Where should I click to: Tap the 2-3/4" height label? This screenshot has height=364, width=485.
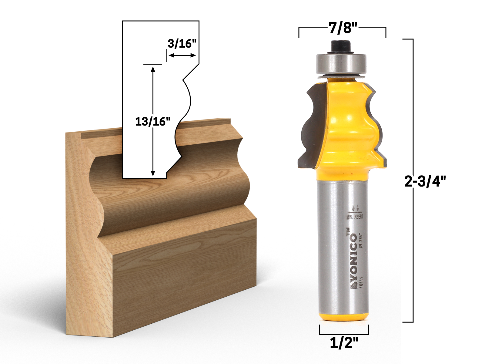425,182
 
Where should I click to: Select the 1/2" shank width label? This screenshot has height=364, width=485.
344,343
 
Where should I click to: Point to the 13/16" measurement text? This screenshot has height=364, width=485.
152,122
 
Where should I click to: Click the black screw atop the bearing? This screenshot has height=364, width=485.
341,47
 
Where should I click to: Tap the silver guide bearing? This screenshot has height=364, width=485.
341,64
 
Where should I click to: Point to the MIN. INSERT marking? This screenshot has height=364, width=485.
355,217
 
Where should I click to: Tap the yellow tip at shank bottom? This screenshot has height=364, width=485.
343,317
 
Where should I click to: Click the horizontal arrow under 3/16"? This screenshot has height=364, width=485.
182,55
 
